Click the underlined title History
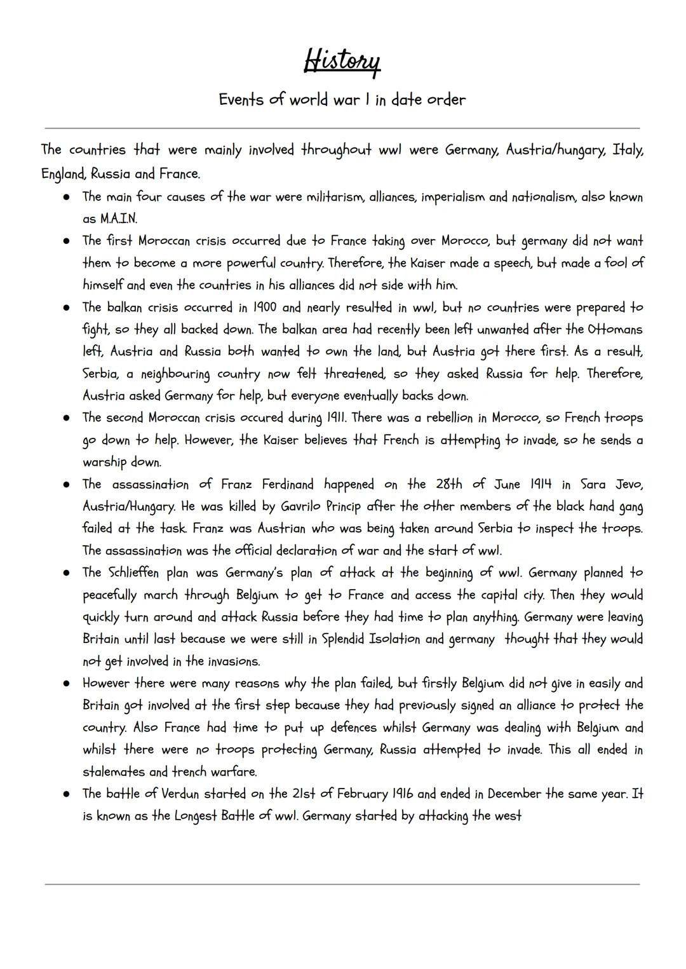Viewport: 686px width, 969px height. (342, 62)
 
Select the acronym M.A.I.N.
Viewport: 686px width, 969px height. (119, 219)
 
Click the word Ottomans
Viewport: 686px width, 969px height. (614, 330)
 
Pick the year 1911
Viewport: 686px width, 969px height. (336, 418)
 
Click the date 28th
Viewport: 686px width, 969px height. (449, 484)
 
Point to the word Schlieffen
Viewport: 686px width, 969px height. (135, 573)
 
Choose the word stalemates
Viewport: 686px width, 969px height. (116, 772)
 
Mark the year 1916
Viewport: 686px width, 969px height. (403, 794)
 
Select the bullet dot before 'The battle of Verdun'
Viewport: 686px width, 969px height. (65, 794)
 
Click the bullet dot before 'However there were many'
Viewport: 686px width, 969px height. (65, 684)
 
